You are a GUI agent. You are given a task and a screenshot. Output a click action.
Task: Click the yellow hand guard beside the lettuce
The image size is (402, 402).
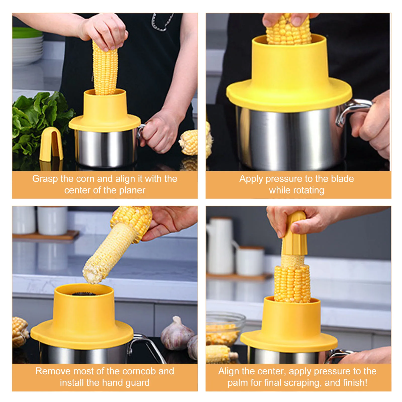click(x=51, y=144)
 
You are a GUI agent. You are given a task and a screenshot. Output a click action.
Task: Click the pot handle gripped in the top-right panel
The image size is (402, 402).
click(x=352, y=111)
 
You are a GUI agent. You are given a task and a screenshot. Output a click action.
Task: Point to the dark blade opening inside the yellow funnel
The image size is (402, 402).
click(x=84, y=293)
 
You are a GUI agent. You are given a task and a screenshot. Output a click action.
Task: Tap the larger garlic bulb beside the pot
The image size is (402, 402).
click(x=176, y=334)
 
